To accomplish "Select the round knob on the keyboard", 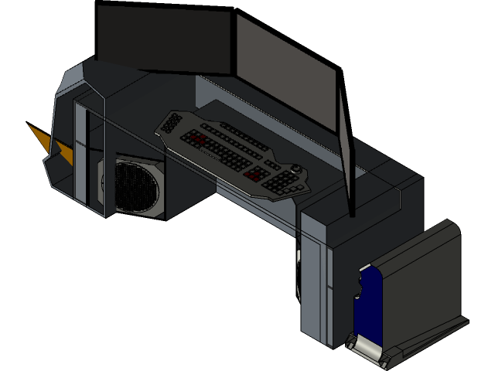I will [298, 168].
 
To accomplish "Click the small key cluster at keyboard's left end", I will [170, 123].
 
